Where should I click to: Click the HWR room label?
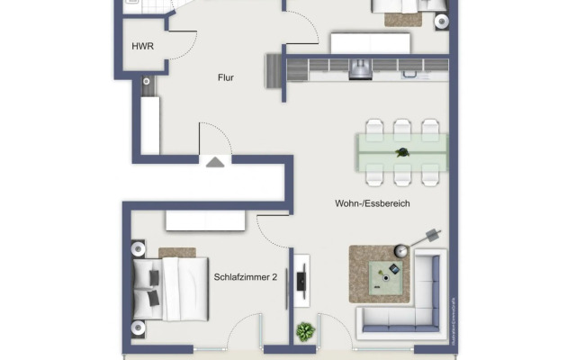(x=142, y=46)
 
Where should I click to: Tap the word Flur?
(x=226, y=78)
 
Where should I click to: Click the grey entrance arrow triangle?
(x=214, y=162)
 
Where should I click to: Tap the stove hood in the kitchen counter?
(x=361, y=67)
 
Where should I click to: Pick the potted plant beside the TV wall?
(x=306, y=330)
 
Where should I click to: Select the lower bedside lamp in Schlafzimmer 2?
(x=138, y=327)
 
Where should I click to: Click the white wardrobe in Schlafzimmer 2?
(x=205, y=220)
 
